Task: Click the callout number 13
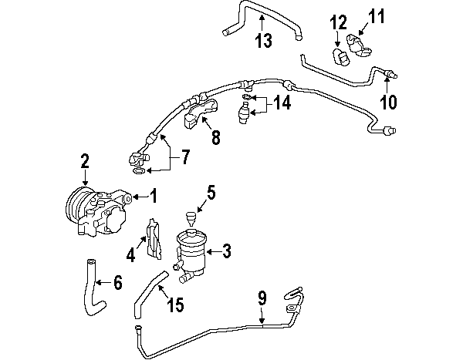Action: (264, 40)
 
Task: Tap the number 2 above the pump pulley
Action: (85, 161)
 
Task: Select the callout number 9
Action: (262, 298)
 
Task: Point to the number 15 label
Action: (175, 304)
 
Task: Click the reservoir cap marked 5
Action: (191, 217)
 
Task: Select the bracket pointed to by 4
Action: (154, 239)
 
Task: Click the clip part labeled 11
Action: (358, 45)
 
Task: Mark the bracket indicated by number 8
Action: (200, 113)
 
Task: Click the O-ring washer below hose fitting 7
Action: (138, 170)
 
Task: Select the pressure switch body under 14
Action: (243, 113)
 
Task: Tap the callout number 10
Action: (388, 102)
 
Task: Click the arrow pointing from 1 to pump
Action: (140, 197)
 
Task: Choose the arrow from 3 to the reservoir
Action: (213, 252)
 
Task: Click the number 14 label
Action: (282, 103)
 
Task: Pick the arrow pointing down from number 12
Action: (337, 39)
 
